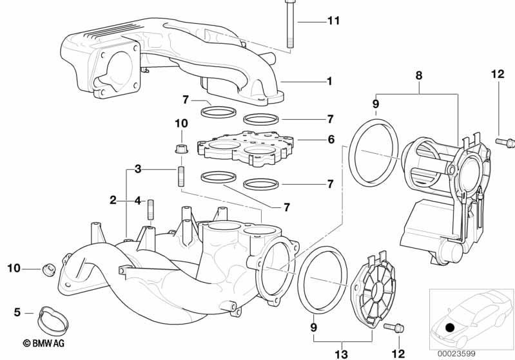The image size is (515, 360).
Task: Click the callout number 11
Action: (333, 21)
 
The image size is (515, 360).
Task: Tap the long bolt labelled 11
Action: (289, 24)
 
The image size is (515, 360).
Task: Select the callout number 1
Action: (329, 81)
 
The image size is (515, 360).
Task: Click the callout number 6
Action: (331, 140)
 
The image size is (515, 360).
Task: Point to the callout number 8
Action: (419, 75)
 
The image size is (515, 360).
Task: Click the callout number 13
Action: (341, 354)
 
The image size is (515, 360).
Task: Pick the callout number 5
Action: (17, 312)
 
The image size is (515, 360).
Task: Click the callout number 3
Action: (138, 169)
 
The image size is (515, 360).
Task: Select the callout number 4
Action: (138, 200)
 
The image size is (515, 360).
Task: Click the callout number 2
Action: (113, 200)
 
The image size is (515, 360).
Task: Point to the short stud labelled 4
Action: (150, 210)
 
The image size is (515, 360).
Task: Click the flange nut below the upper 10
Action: (181, 149)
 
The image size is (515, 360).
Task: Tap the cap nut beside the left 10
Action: (48, 269)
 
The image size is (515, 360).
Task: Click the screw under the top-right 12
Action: (505, 142)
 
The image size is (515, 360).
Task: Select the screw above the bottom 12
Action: (394, 327)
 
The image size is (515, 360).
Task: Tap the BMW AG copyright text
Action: (44, 343)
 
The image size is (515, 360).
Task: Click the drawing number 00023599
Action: (456, 354)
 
